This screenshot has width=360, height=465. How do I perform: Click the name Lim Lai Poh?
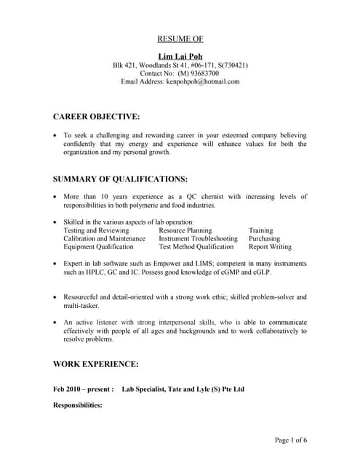[x=180, y=56]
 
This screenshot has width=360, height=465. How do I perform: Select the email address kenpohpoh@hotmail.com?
[x=204, y=82]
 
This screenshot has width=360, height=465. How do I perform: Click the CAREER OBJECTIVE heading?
[x=97, y=116]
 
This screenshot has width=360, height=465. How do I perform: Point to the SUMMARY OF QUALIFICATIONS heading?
[x=121, y=178]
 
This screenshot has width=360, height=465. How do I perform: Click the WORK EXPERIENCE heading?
[x=96, y=363]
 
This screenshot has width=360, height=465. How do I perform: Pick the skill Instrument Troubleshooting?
[x=198, y=238]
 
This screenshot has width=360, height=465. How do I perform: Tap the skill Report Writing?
[x=271, y=247]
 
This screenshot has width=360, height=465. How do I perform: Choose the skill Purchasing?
[x=265, y=238]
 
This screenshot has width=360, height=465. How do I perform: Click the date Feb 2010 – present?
[x=83, y=389]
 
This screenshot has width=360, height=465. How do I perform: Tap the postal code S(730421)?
[x=231, y=65]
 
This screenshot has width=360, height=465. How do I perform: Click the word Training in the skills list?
[x=261, y=230]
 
